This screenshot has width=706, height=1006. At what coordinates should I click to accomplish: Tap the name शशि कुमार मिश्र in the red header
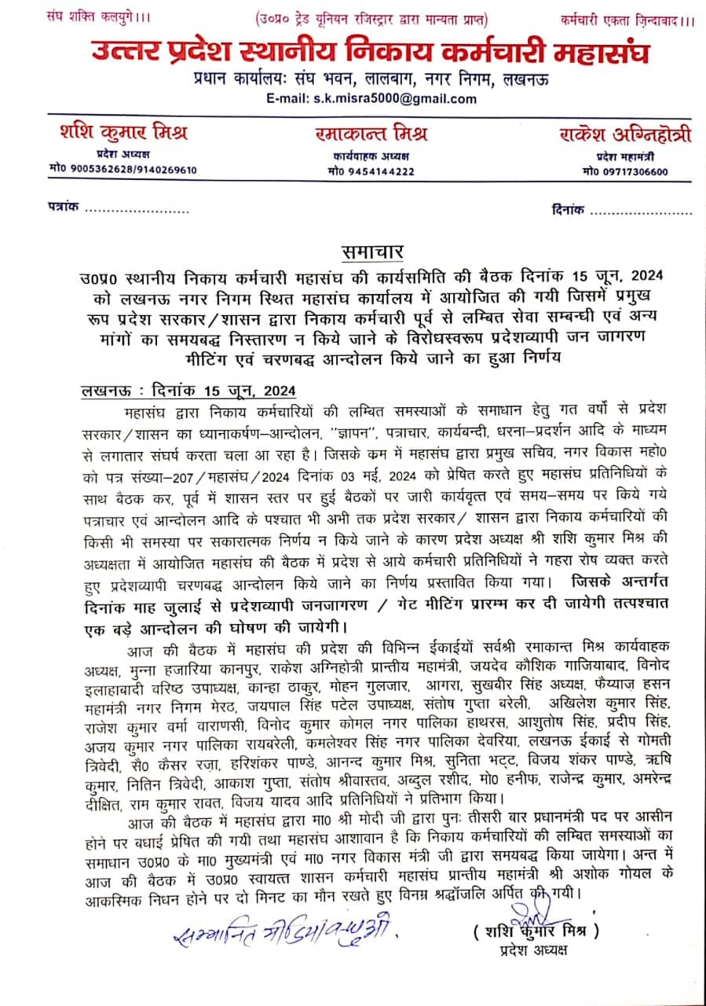click(x=123, y=131)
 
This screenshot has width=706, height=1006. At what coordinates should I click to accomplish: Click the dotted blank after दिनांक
click(x=641, y=211)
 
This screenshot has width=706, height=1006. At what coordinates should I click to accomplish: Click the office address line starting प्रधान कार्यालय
click(x=371, y=79)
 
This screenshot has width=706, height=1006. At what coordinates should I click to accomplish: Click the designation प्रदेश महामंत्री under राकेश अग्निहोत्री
click(x=624, y=155)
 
